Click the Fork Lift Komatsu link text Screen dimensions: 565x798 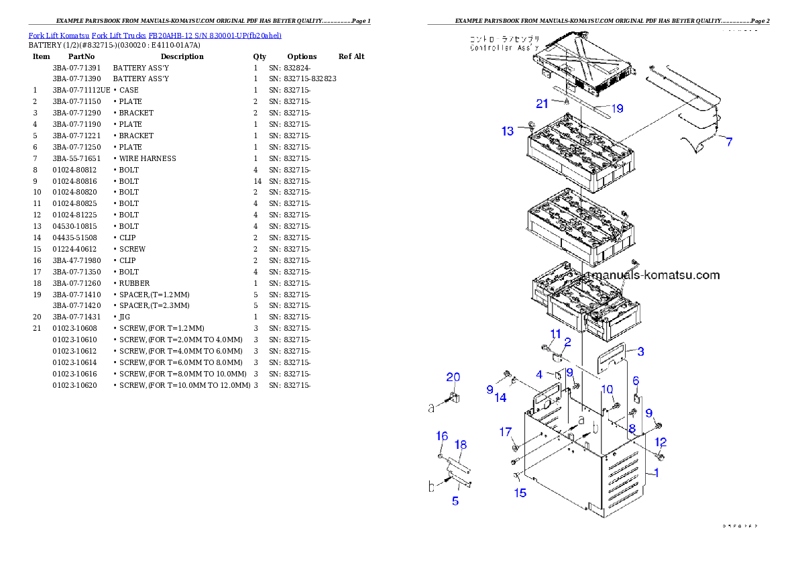pyautogui.click(x=154, y=35)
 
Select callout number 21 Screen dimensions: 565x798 pyautogui.click(x=542, y=103)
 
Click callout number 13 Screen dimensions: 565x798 pyautogui.click(x=508, y=131)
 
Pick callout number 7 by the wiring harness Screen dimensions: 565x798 pyautogui.click(x=728, y=142)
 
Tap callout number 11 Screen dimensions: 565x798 pyautogui.click(x=556, y=334)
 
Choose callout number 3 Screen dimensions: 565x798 pyautogui.click(x=640, y=351)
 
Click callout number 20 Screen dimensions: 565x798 pyautogui.click(x=453, y=377)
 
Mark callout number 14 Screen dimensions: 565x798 pyautogui.click(x=500, y=398)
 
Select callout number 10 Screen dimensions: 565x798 pyautogui.click(x=606, y=389)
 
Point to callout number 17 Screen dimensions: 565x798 pyautogui.click(x=506, y=431)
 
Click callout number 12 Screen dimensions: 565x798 pyautogui.click(x=661, y=442)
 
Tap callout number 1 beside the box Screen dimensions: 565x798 pyautogui.click(x=656, y=472)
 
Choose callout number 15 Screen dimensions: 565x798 pyautogui.click(x=520, y=493)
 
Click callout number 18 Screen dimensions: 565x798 pyautogui.click(x=461, y=445)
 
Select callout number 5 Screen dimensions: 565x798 pyautogui.click(x=455, y=501)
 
